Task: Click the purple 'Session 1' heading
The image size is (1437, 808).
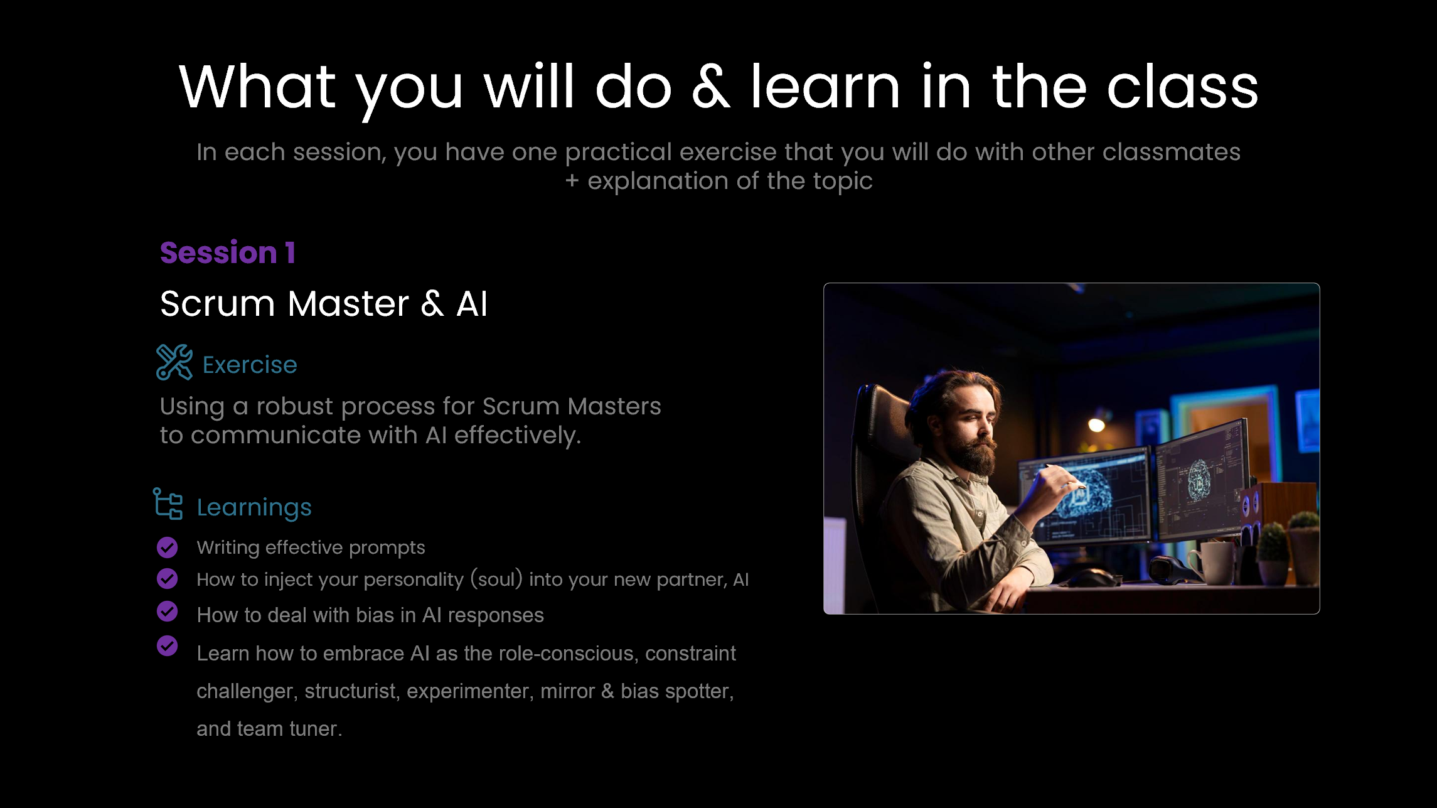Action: (227, 252)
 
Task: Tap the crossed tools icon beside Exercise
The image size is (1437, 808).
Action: (174, 362)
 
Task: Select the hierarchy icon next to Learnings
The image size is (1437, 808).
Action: (168, 504)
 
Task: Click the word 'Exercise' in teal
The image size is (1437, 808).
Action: (250, 365)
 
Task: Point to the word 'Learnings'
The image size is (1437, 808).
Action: (254, 508)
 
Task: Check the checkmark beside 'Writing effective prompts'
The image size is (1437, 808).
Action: (168, 547)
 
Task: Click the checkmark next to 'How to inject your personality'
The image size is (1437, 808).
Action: (168, 578)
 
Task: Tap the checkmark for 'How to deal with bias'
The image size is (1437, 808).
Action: (168, 611)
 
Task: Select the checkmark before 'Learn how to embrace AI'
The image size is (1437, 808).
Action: (168, 645)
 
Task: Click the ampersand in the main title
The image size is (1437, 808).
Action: (711, 87)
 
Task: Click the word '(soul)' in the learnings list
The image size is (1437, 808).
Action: (496, 579)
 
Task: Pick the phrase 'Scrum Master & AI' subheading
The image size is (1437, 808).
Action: (324, 304)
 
